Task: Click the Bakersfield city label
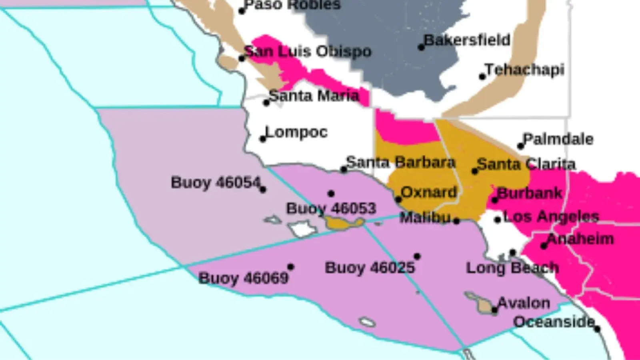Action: point(467,40)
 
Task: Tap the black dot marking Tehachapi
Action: point(482,76)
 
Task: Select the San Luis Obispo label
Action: point(308,51)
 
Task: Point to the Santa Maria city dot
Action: point(266,103)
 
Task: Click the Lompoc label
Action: point(296,132)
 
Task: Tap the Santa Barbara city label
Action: point(401,162)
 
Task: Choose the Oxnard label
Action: point(429,192)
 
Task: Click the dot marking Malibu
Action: point(456,220)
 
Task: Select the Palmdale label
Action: point(558,139)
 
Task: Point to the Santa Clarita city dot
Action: point(475,171)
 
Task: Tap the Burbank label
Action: point(530,193)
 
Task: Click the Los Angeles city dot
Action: point(498,220)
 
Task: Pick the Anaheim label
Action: point(580,239)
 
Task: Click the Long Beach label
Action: point(512,268)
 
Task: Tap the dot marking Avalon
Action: point(495,310)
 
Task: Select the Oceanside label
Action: point(554,322)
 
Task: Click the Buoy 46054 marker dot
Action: point(263,190)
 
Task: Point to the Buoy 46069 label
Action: point(243,278)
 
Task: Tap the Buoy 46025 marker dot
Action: point(417,256)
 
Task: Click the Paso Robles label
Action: point(292,5)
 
